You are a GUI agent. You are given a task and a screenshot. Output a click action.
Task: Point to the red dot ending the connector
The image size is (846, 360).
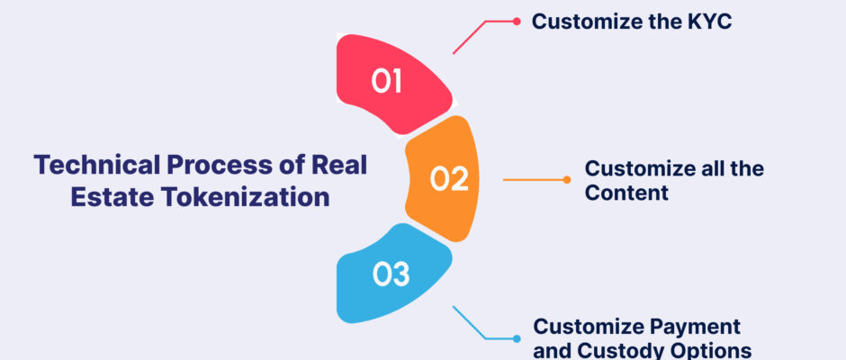(x=517, y=22)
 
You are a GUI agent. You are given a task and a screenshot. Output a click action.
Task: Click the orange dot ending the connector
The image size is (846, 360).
(x=566, y=180)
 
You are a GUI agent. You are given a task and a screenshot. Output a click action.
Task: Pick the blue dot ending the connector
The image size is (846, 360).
(x=517, y=339)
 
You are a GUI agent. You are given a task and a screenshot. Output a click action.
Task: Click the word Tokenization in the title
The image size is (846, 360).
(x=245, y=197)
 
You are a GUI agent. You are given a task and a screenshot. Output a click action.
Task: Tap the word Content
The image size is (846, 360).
(x=626, y=193)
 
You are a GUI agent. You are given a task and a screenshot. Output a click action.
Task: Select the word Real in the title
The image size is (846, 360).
(x=341, y=165)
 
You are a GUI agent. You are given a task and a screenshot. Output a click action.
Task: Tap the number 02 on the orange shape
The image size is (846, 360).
(x=449, y=179)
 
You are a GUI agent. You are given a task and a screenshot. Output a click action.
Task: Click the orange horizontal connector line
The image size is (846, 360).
(x=535, y=180)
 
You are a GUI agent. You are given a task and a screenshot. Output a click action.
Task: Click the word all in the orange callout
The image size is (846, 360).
(x=708, y=169)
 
